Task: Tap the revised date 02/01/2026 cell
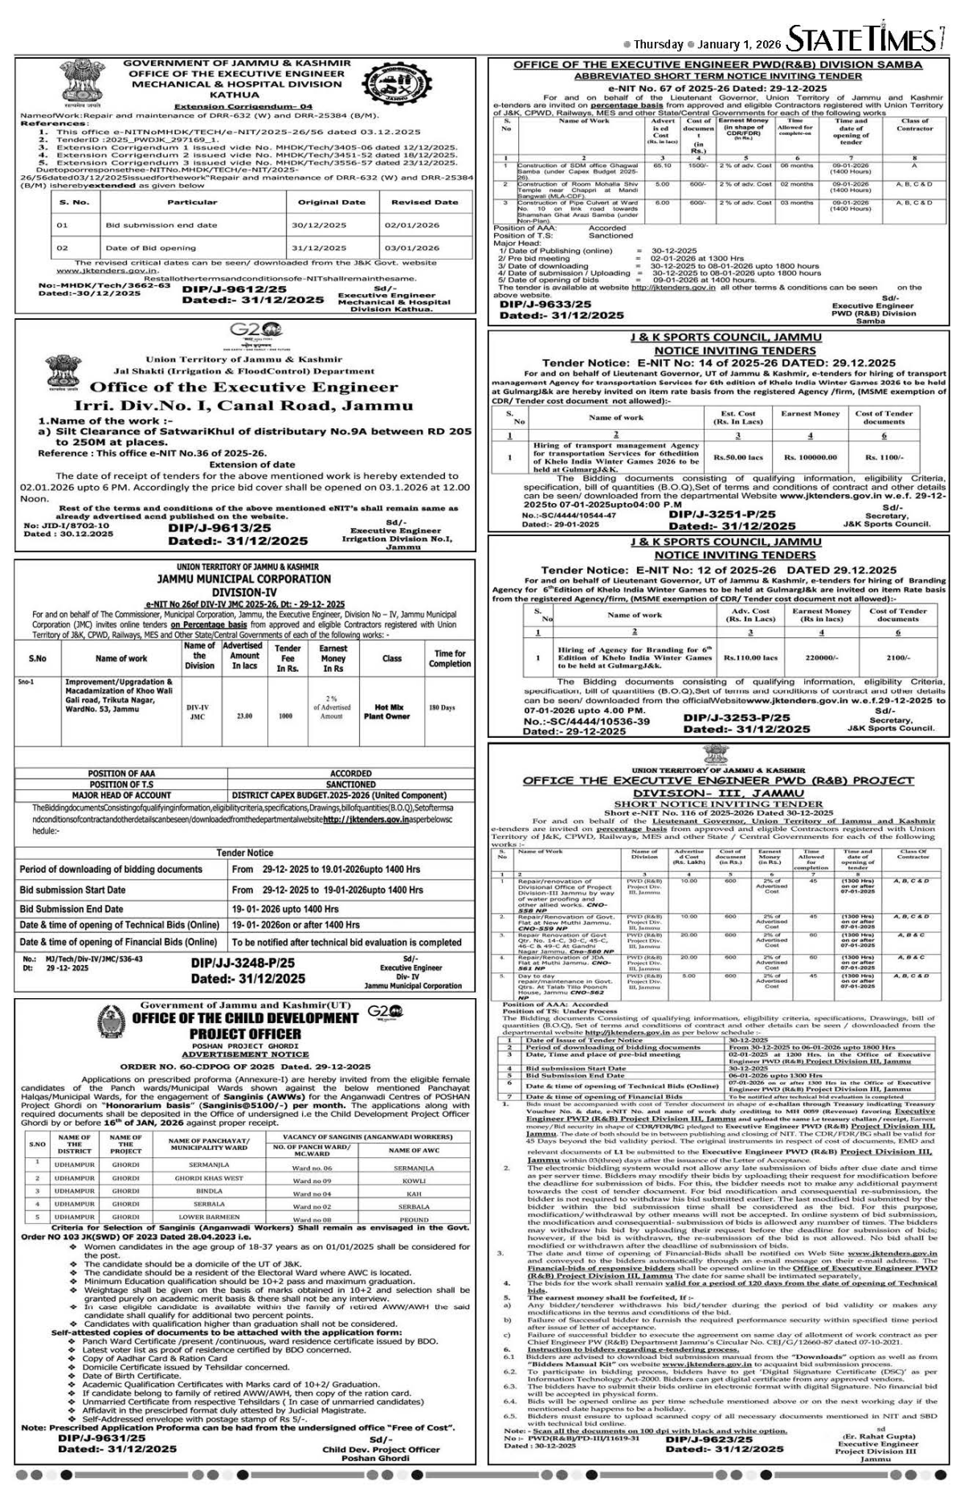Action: pos(424,226)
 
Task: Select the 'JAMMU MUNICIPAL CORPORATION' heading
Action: pos(243,579)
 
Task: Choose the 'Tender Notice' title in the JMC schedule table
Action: pos(245,853)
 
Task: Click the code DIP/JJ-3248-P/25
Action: pos(243,962)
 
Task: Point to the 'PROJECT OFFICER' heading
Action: pos(246,1033)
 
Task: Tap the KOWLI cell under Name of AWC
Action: pos(415,1181)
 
